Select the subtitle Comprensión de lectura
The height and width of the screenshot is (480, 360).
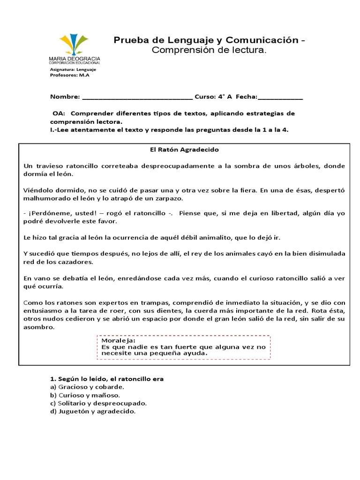pyautogui.click(x=209, y=50)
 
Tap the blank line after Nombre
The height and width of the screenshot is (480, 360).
pyautogui.click(x=137, y=97)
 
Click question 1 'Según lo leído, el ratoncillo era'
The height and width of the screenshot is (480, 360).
pyautogui.click(x=106, y=379)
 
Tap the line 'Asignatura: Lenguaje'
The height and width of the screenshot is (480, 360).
pyautogui.click(x=73, y=69)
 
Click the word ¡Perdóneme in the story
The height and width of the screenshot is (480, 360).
pyautogui.click(x=45, y=213)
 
